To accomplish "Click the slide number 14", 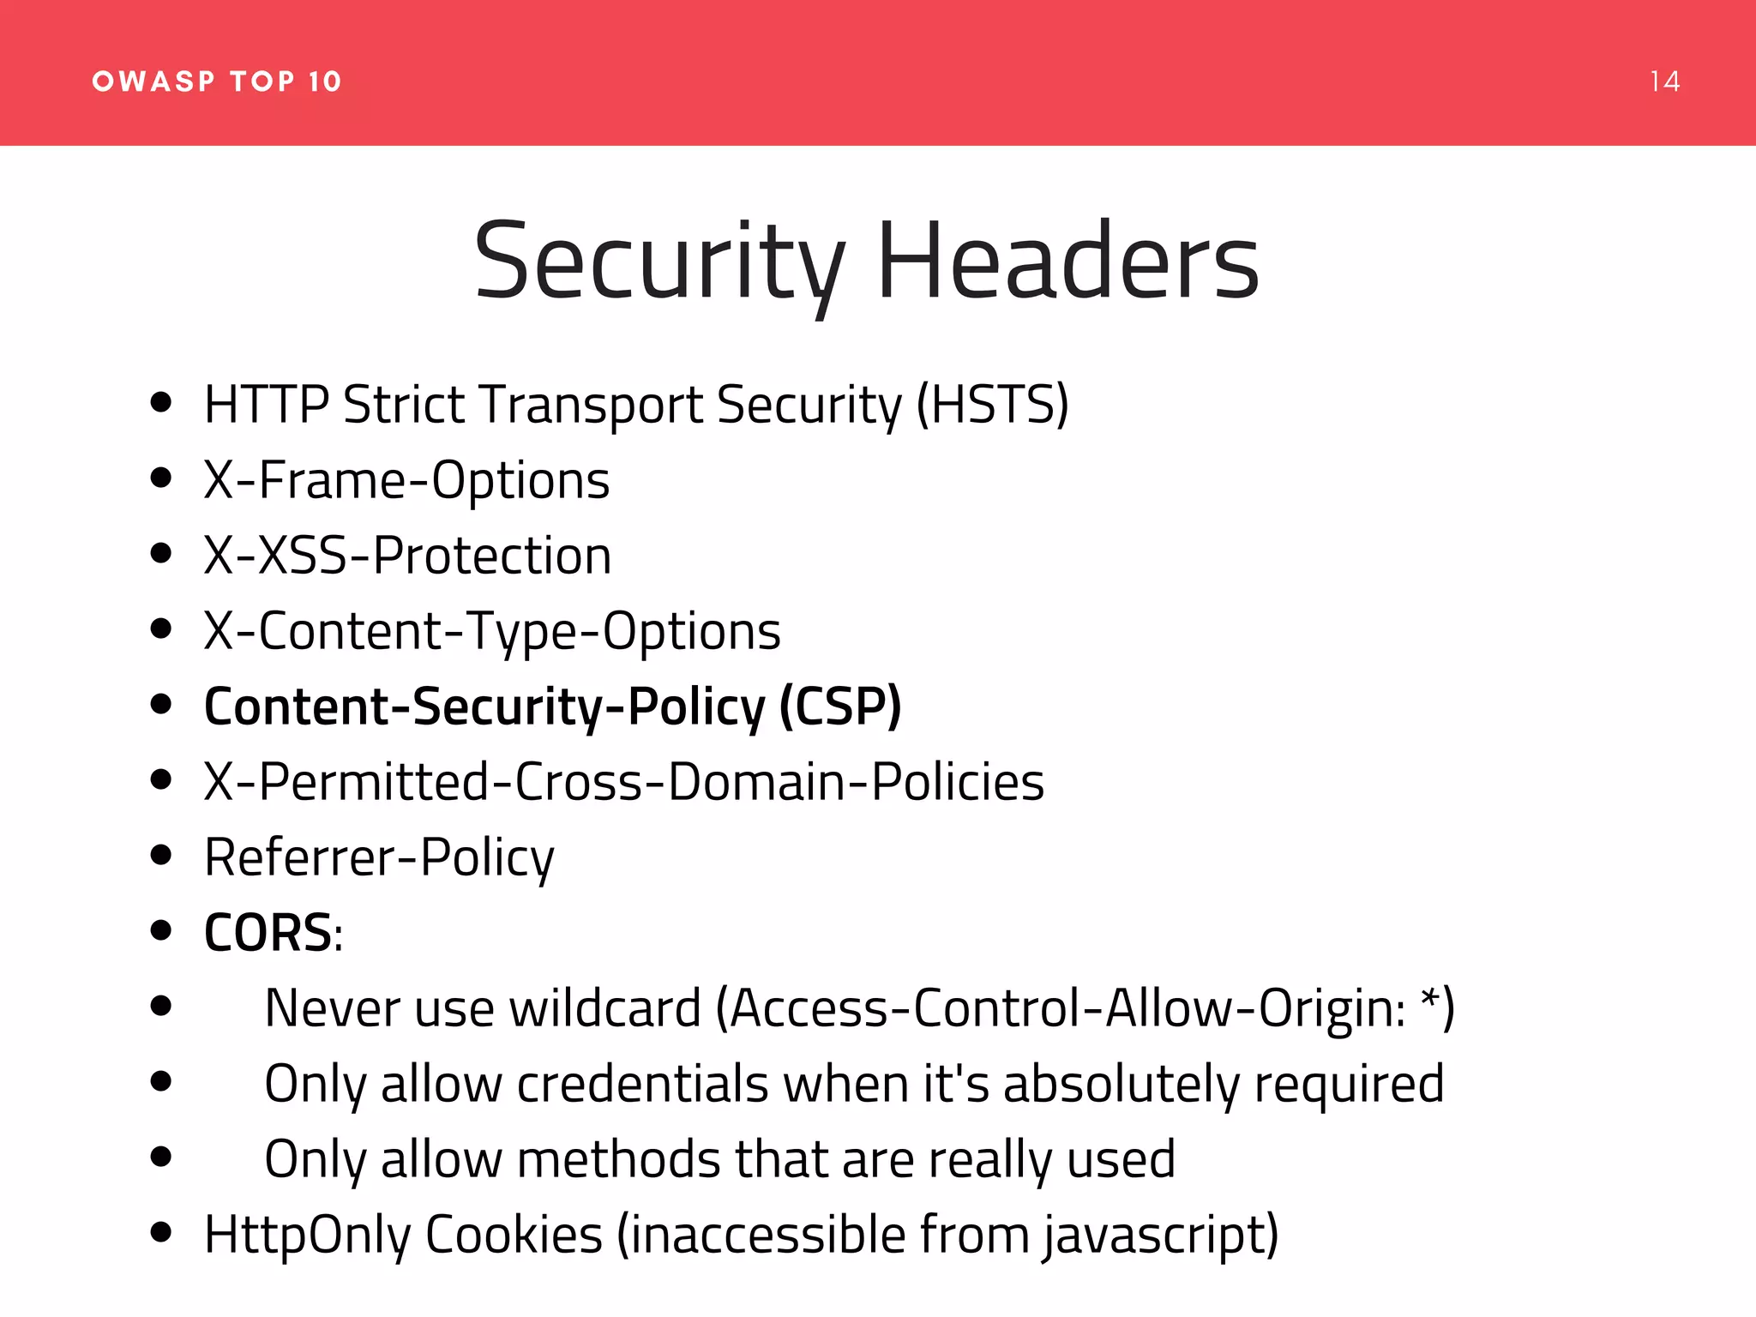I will coord(1664,81).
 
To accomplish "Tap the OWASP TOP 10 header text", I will coord(217,81).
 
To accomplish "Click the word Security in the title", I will coord(659,262).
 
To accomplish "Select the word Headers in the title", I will coord(1067,262).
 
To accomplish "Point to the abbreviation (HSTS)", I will coord(992,405).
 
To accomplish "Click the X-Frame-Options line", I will coord(406,480).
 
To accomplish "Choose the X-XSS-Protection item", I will coord(407,556).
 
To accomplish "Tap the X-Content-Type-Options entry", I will coord(492,632).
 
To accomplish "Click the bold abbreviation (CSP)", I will coord(840,707).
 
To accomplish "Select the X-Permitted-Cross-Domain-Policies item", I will coord(624,782).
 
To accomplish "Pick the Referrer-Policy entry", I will coord(379,858).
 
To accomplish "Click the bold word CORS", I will coord(268,933).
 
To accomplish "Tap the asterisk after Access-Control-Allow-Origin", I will coord(1429,999).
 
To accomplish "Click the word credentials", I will coord(642,1084).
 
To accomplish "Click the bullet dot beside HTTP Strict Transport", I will coord(160,402).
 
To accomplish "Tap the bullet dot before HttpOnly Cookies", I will coord(160,1232).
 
